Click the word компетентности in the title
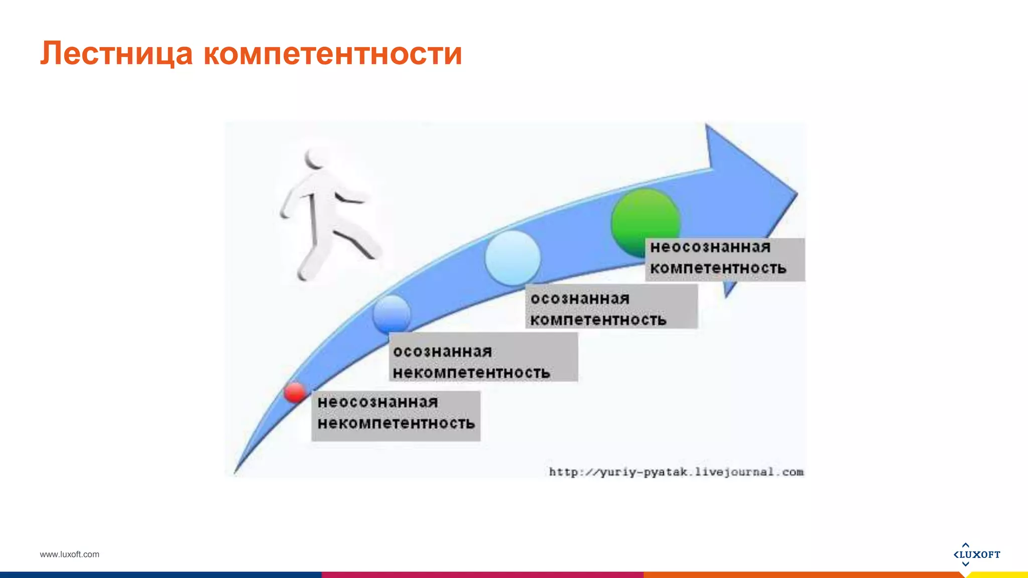pos(332,54)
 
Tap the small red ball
pos(295,392)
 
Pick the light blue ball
pos(512,258)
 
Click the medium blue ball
pos(392,314)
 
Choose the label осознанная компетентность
pos(611,309)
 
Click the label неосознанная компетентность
pos(724,258)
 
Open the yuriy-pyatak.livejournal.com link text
pos(676,472)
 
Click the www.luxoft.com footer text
pos(69,554)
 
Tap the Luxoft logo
pos(976,554)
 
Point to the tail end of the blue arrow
pos(235,472)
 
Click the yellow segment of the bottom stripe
pos(999,575)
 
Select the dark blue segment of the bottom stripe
pos(161,575)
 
